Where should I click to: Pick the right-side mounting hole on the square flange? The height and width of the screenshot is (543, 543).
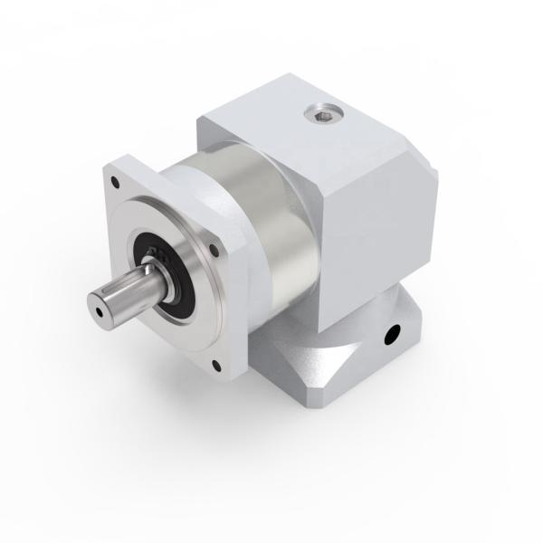pyautogui.click(x=215, y=247)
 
